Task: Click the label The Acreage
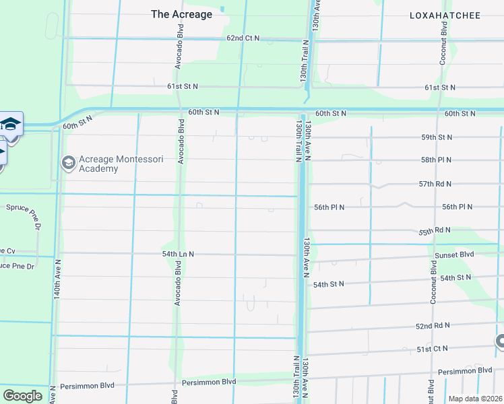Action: pyautogui.click(x=181, y=14)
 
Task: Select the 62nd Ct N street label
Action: pyautogui.click(x=243, y=38)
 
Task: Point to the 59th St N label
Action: pyautogui.click(x=437, y=137)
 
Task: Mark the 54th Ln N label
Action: pyautogui.click(x=178, y=254)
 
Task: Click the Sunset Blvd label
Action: pyautogui.click(x=455, y=255)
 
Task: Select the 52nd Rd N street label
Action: pyautogui.click(x=432, y=326)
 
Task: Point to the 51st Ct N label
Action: pyautogui.click(x=432, y=349)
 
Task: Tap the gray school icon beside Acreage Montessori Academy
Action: pyautogui.click(x=68, y=163)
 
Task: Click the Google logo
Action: pyautogui.click(x=22, y=395)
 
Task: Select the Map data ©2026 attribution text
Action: pyautogui.click(x=475, y=399)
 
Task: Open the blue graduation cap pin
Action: pyautogui.click(x=10, y=125)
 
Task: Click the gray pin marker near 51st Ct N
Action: pyautogui.click(x=500, y=341)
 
